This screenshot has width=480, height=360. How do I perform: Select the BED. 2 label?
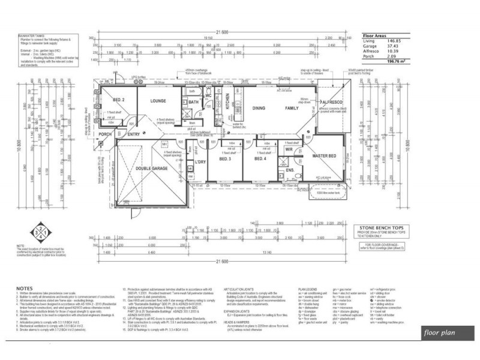[x=118, y=99]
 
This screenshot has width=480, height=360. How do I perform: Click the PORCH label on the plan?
[x=106, y=134]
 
